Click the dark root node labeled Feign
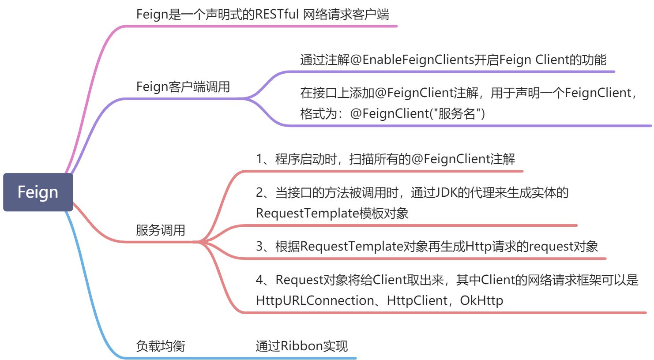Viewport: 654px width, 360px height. point(38,192)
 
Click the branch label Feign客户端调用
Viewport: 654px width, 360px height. point(183,86)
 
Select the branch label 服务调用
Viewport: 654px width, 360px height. point(160,230)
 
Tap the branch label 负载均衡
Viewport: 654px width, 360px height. point(160,346)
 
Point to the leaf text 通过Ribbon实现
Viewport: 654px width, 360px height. point(301,346)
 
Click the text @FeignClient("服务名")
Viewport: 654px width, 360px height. point(417,113)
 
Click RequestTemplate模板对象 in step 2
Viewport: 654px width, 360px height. point(332,213)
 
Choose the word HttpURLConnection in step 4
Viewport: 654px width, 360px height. point(315,300)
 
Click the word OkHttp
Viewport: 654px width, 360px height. point(481,300)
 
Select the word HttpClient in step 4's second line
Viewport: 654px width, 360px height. point(417,300)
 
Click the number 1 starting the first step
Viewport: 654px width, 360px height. point(259,159)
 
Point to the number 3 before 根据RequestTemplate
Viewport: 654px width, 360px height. point(259,246)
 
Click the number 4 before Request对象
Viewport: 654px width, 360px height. point(259,280)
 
